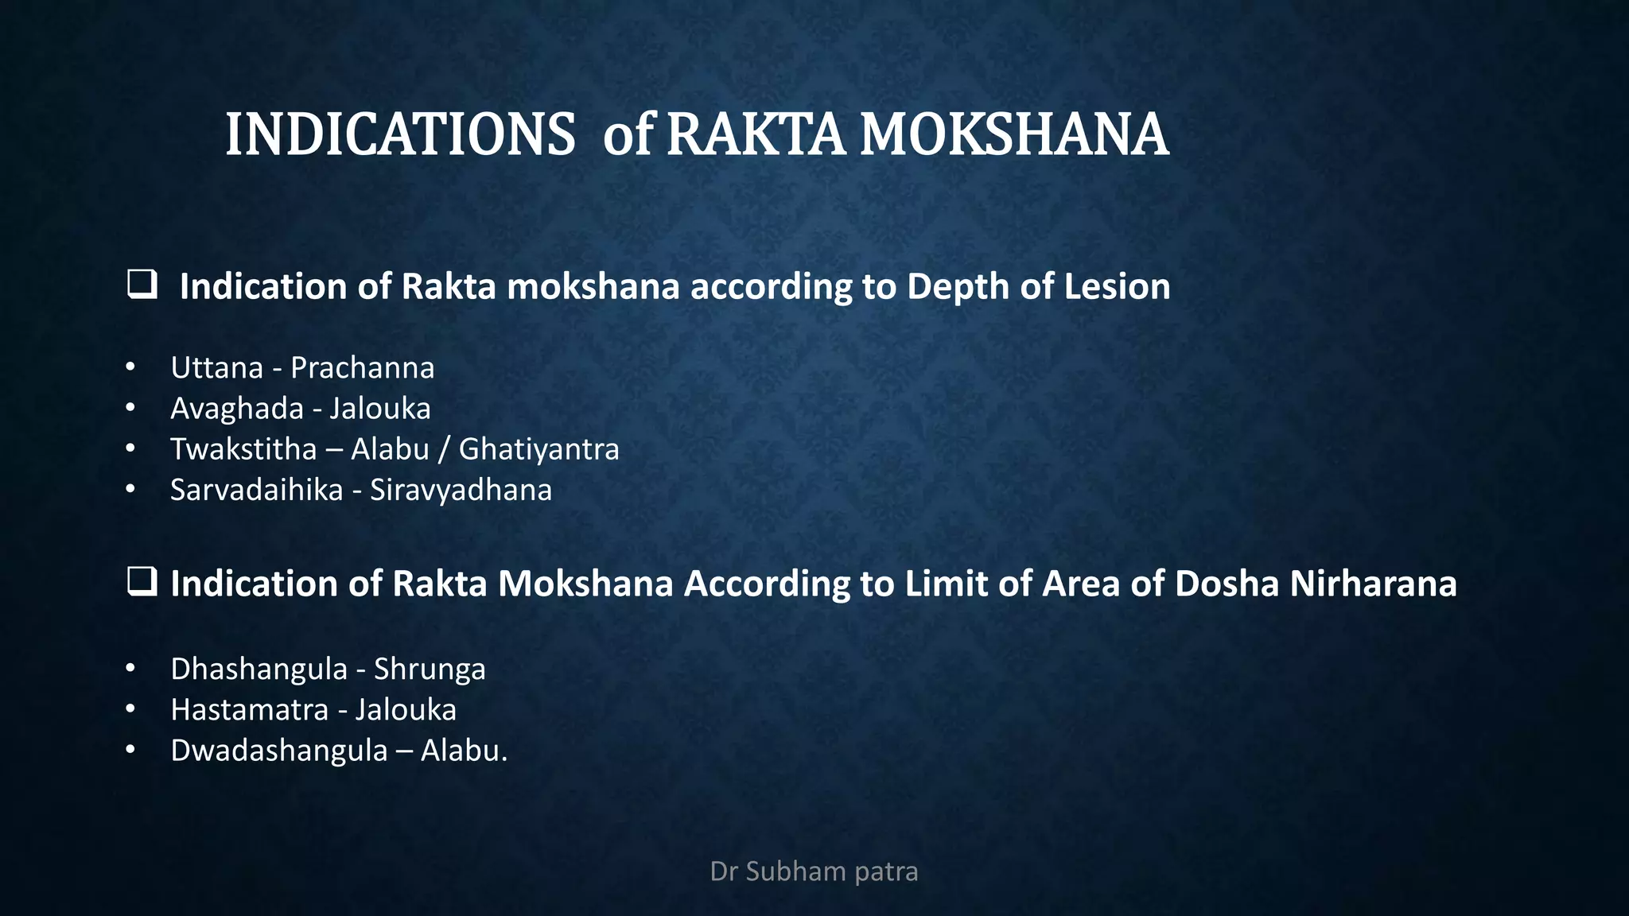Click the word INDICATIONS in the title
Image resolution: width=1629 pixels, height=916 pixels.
[400, 134]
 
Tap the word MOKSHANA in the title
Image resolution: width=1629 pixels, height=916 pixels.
[1014, 134]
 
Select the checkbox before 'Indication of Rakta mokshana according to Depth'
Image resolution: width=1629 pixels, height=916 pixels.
[142, 284]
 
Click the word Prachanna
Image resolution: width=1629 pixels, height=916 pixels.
[362, 368]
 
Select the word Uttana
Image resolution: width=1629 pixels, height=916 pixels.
[216, 368]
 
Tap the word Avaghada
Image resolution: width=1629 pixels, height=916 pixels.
[237, 409]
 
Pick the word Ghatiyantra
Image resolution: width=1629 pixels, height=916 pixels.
[538, 449]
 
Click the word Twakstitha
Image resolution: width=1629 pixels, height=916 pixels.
[243, 449]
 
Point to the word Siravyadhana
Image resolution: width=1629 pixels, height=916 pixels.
[461, 490]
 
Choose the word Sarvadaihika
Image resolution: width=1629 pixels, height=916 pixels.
[256, 490]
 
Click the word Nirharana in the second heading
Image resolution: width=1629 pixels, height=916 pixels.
[1373, 584]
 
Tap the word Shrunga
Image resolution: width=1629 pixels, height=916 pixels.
[430, 670]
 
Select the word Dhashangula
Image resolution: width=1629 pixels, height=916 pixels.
[259, 670]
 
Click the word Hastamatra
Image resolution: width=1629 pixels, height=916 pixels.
[249, 710]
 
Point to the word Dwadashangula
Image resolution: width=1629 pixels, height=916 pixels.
[278, 751]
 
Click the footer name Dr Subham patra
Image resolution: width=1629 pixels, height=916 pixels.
[814, 871]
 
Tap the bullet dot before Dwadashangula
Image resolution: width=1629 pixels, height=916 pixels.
[130, 750]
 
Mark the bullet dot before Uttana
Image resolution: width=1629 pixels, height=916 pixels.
[130, 367]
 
